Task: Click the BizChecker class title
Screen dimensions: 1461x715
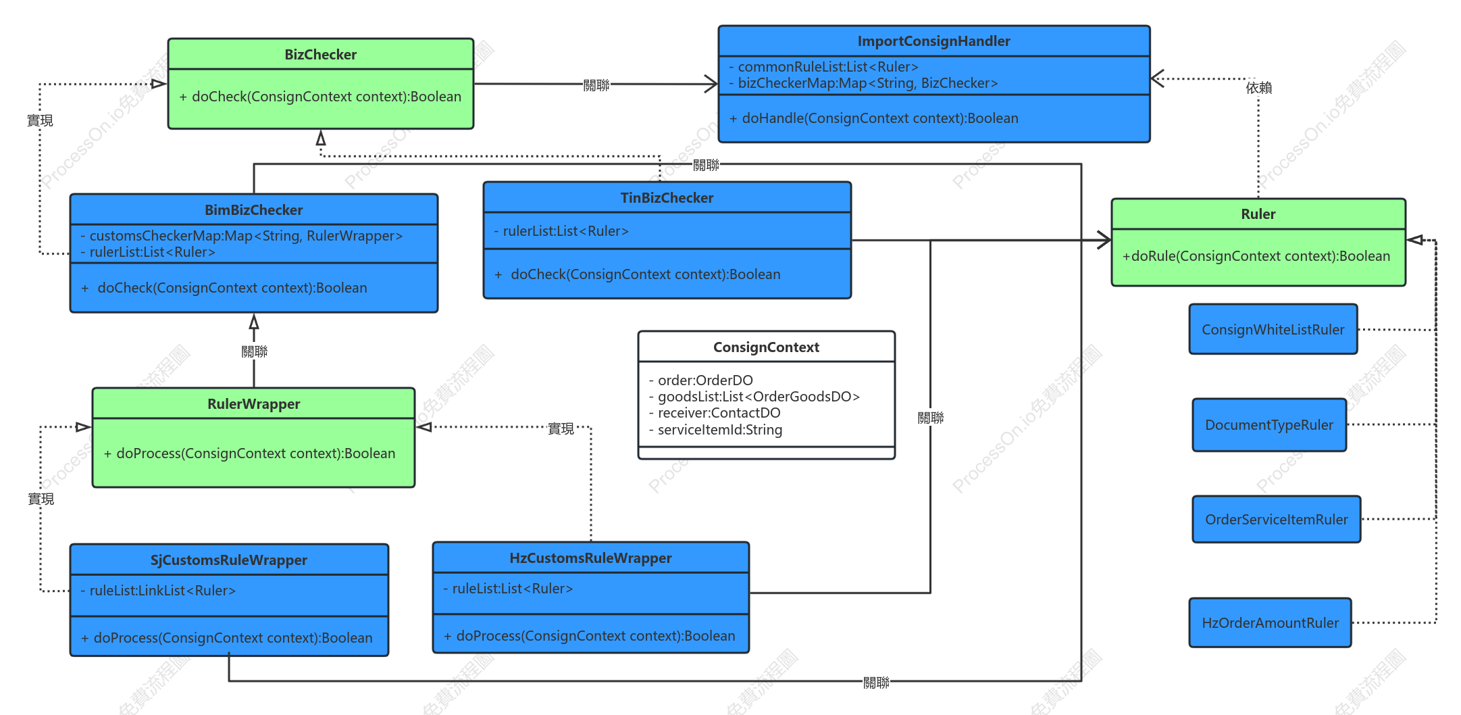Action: (x=320, y=55)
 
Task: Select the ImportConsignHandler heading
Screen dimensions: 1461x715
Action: (x=933, y=41)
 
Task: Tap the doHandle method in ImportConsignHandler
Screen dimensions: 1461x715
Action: (x=873, y=118)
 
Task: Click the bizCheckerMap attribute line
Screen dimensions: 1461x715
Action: (x=863, y=83)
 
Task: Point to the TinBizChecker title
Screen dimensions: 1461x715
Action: (x=667, y=198)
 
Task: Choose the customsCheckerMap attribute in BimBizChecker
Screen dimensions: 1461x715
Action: (x=241, y=236)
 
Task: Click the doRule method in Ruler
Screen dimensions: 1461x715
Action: (x=1256, y=256)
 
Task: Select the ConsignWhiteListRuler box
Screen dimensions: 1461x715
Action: (x=1273, y=329)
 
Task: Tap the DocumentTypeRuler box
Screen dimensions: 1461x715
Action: (x=1269, y=424)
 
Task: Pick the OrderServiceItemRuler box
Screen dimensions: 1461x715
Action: (x=1277, y=519)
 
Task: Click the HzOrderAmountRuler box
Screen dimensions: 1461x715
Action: (x=1270, y=622)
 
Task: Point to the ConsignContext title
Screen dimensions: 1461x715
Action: (x=766, y=347)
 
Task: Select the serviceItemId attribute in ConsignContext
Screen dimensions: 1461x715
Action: (x=715, y=430)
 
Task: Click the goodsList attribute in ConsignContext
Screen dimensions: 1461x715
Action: (x=754, y=397)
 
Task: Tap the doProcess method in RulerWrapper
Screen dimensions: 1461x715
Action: (x=249, y=453)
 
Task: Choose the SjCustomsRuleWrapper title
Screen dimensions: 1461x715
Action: (x=228, y=560)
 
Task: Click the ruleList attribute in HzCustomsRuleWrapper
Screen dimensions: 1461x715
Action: (x=508, y=589)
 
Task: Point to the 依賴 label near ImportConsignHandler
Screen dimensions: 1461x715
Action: (x=1259, y=88)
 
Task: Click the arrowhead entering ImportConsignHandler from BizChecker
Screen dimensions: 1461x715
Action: (x=711, y=84)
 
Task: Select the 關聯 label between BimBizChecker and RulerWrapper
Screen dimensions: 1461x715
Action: (x=255, y=351)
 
